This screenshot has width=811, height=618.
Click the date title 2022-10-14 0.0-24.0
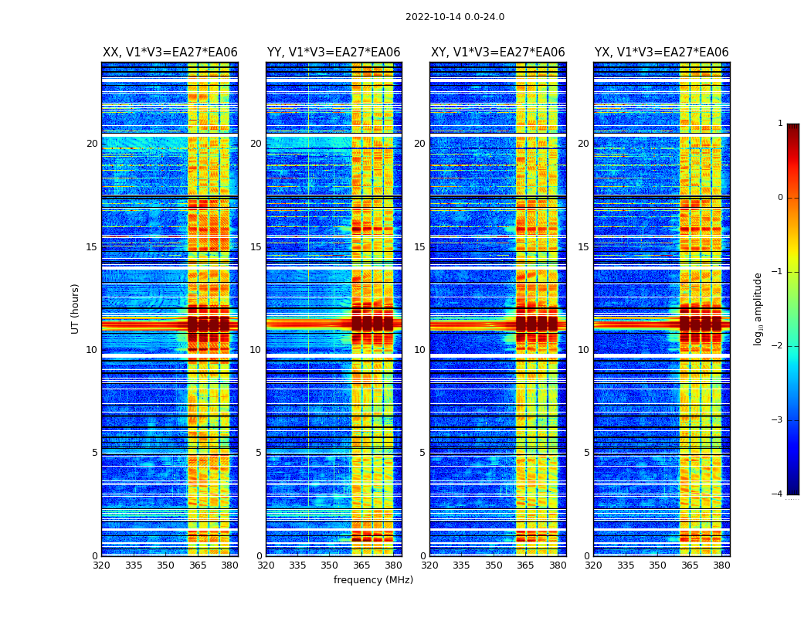(x=455, y=17)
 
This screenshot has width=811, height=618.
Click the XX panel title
(x=170, y=53)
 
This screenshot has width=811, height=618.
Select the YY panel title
(x=334, y=53)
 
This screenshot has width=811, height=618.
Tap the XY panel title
(x=498, y=53)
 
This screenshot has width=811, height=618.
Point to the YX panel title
(x=662, y=53)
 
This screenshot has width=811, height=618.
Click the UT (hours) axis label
(x=76, y=308)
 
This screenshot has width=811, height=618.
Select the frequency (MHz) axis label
(x=373, y=580)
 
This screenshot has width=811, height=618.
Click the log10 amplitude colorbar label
(x=758, y=308)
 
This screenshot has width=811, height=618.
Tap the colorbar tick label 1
(x=780, y=124)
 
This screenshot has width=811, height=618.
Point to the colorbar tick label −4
(x=778, y=494)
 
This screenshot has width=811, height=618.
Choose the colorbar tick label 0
(x=780, y=198)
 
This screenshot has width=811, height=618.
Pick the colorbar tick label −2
(x=778, y=346)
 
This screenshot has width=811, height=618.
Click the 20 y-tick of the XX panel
(x=92, y=144)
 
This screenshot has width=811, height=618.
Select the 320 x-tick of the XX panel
(x=101, y=565)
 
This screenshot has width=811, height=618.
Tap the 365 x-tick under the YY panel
(x=361, y=565)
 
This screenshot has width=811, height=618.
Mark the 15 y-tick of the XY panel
(x=419, y=247)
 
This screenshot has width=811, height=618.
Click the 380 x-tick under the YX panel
(x=721, y=565)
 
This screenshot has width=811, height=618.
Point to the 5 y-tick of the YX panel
(x=586, y=453)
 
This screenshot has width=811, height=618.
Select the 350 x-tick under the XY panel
(x=494, y=565)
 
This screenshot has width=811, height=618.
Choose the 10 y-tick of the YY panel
(x=256, y=350)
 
